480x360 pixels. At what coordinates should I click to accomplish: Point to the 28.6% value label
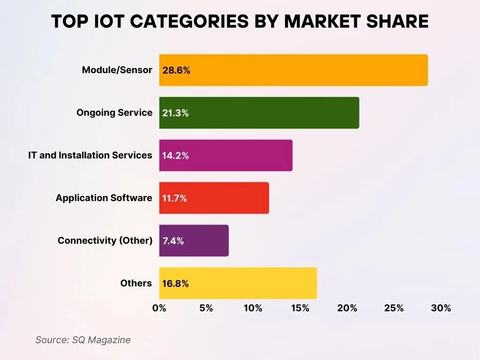tap(176, 71)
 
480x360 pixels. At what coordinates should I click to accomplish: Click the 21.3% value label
tap(176, 113)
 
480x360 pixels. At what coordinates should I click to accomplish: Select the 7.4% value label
tap(173, 241)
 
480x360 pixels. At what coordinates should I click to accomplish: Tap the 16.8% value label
tap(176, 284)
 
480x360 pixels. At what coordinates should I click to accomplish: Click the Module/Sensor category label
tap(117, 70)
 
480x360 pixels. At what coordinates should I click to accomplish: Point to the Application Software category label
tap(104, 198)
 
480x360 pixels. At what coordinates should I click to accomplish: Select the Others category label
tap(136, 283)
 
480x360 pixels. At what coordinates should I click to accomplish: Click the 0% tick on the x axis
tap(159, 308)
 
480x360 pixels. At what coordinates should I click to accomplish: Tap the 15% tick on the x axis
tap(300, 308)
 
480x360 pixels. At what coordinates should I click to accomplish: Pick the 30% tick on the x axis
tap(441, 308)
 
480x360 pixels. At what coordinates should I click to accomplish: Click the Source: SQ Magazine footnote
tap(83, 340)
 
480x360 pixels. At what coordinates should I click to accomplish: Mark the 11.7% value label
tap(175, 199)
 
